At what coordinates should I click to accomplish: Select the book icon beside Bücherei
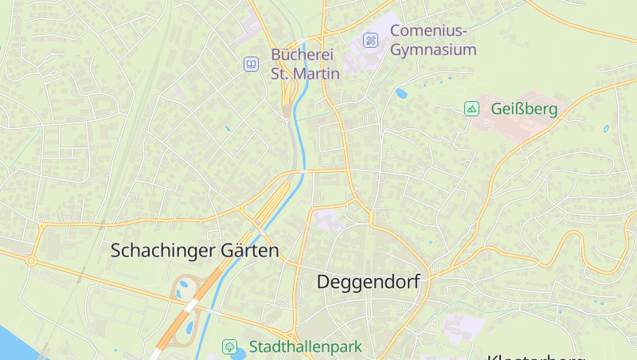[251, 64]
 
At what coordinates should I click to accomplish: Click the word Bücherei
[303, 55]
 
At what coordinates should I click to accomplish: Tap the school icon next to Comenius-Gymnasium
[370, 40]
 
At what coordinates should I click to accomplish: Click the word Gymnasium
[433, 50]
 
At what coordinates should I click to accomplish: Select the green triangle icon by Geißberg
[471, 108]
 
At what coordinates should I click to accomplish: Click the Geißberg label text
[524, 108]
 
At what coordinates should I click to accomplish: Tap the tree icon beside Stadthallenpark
[229, 346]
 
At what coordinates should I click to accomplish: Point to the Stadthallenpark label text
[306, 347]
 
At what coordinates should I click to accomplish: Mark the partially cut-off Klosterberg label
[536, 356]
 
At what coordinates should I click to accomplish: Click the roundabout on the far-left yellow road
[31, 260]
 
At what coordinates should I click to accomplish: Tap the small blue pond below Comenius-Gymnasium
[401, 93]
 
